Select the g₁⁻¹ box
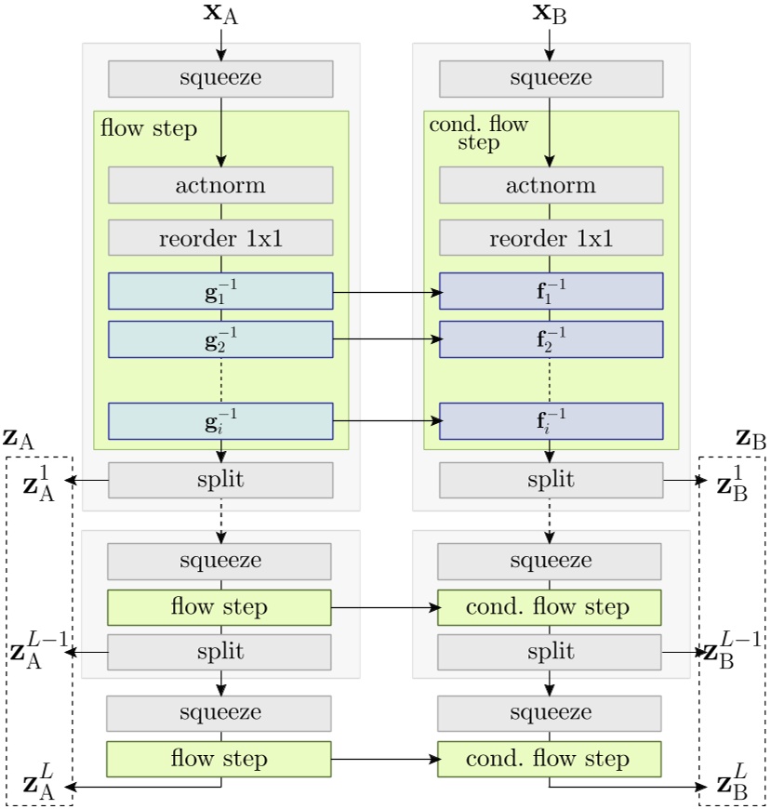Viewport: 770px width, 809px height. click(220, 291)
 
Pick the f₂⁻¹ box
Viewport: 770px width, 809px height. click(551, 339)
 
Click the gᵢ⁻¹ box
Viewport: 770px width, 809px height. click(220, 420)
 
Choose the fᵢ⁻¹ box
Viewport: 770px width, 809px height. click(551, 420)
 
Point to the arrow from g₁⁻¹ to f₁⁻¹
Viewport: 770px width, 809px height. click(385, 291)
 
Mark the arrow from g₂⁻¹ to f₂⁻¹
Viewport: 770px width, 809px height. click(385, 339)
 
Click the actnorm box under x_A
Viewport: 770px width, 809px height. click(220, 185)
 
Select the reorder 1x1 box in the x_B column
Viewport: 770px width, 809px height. click(551, 238)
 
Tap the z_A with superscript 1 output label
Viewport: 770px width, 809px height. click(40, 481)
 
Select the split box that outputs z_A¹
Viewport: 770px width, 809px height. click(220, 480)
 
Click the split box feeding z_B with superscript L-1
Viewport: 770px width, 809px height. click(550, 652)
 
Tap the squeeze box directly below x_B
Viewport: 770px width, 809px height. click(551, 78)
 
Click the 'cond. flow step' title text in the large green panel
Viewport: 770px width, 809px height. click(478, 134)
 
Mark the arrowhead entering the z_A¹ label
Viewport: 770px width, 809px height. click(71, 480)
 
